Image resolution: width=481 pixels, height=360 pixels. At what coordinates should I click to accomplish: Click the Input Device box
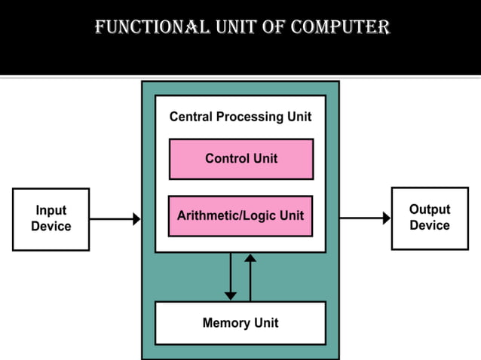(51, 219)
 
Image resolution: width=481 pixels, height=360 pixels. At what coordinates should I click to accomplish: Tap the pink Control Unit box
(241, 159)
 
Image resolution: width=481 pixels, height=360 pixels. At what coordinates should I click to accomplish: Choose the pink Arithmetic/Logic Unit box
(240, 216)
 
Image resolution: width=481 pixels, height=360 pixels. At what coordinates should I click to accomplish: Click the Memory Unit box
(240, 323)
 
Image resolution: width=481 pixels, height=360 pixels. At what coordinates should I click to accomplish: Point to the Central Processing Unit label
(240, 117)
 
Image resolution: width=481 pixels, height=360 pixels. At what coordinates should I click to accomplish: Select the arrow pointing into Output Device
(365, 218)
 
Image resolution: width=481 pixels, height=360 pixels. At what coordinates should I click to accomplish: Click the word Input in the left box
(51, 211)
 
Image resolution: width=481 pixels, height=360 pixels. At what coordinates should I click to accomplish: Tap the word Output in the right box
(430, 209)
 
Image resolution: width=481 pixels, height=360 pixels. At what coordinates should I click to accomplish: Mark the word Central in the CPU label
(191, 117)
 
